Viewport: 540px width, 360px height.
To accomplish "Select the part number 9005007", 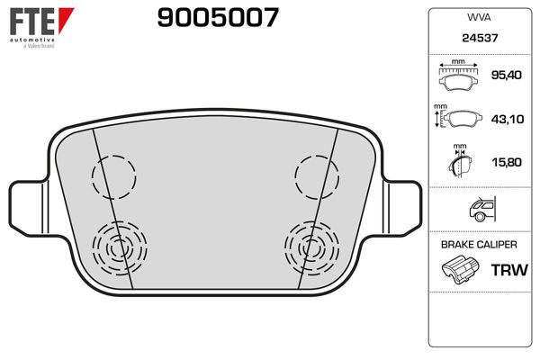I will tap(217, 17).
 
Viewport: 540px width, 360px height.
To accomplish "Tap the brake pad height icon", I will tap(460, 119).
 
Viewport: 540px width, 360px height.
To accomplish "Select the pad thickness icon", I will tap(460, 162).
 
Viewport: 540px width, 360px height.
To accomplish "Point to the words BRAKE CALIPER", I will tap(477, 245).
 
